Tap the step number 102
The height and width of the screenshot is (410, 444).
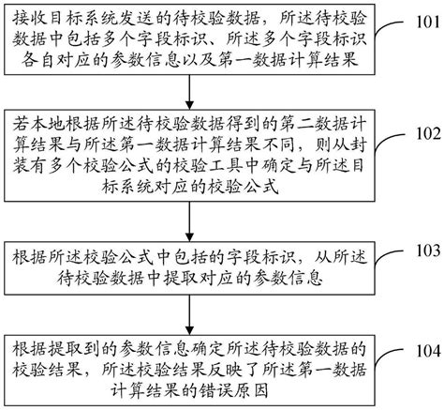(425, 133)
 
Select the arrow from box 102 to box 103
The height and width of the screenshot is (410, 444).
(192, 223)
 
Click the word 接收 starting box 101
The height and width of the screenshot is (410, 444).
(29, 16)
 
